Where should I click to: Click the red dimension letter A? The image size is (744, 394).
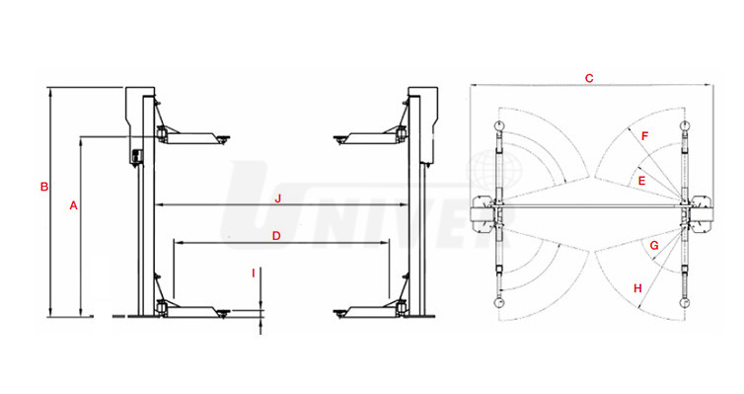click(x=73, y=205)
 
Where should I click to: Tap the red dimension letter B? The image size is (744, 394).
click(x=44, y=187)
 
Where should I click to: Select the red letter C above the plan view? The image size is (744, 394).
click(x=589, y=78)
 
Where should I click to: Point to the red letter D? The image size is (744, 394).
click(x=276, y=236)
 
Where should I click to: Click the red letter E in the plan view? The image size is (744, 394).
click(x=642, y=181)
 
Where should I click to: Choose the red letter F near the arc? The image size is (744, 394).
click(x=644, y=136)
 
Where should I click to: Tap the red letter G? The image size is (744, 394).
click(x=654, y=246)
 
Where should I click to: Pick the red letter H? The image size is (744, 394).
click(x=637, y=288)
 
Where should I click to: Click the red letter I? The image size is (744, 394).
click(x=254, y=273)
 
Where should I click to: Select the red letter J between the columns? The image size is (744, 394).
click(x=278, y=198)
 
